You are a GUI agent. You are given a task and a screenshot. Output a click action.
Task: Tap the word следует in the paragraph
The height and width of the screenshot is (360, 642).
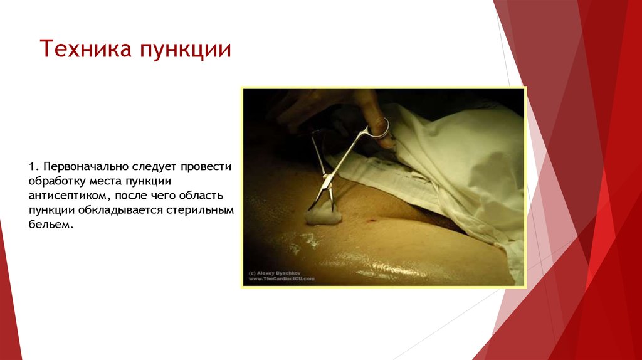click(x=154, y=167)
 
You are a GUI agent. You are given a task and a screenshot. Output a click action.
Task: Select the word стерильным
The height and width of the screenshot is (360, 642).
click(x=201, y=210)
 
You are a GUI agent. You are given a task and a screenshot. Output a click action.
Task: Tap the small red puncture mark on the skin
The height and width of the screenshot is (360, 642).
click(x=374, y=220)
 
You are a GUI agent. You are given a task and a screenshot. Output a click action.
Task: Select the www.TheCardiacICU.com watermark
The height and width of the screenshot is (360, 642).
click(x=282, y=279)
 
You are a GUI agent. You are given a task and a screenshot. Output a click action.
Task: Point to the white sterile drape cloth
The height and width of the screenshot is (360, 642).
click(x=464, y=163)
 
